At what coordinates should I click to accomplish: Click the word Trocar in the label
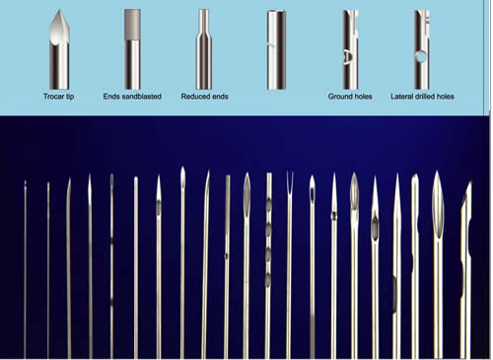coord(54,97)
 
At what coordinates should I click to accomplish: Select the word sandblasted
coord(142,97)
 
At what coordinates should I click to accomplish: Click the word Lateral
coord(401,97)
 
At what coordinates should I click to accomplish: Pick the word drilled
coord(425,97)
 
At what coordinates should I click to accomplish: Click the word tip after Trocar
coord(70,97)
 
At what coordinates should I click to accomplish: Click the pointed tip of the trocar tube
coord(59,10)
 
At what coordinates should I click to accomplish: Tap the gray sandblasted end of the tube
coord(132,25)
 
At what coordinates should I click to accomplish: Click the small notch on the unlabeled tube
coord(271,45)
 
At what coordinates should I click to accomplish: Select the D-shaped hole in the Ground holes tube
coord(348,56)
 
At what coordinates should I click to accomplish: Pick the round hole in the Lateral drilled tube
coord(421,57)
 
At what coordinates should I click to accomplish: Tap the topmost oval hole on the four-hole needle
coord(269,205)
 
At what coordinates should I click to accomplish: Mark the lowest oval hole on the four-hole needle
coord(268,280)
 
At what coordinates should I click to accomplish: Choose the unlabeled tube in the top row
coord(276,49)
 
